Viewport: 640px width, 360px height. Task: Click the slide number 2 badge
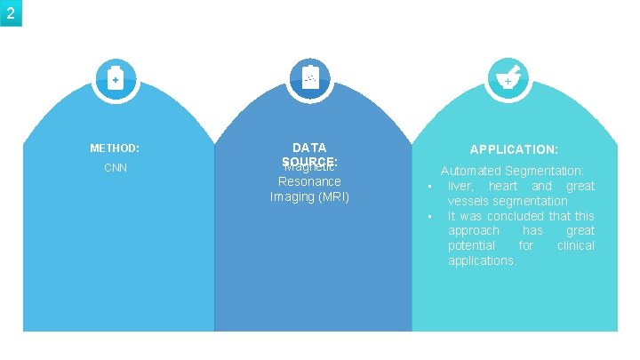pos(11,12)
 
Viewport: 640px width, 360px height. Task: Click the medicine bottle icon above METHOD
pos(114,80)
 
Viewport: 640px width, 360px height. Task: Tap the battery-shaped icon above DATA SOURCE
pos(309,79)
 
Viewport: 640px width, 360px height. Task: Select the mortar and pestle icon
pos(507,80)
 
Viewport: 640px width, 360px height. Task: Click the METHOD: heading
pos(115,148)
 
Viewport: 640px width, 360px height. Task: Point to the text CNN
pos(115,167)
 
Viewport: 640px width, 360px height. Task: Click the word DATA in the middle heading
pos(309,148)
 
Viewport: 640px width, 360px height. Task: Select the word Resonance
pos(309,181)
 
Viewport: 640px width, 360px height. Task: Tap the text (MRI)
pos(332,196)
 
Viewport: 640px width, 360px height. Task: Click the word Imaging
pos(291,196)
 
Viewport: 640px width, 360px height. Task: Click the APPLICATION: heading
pos(514,150)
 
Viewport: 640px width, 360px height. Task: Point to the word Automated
pos(471,171)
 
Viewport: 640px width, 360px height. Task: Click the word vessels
pos(468,201)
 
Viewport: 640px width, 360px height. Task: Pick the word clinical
pos(575,245)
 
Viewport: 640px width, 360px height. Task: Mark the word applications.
pos(482,260)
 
